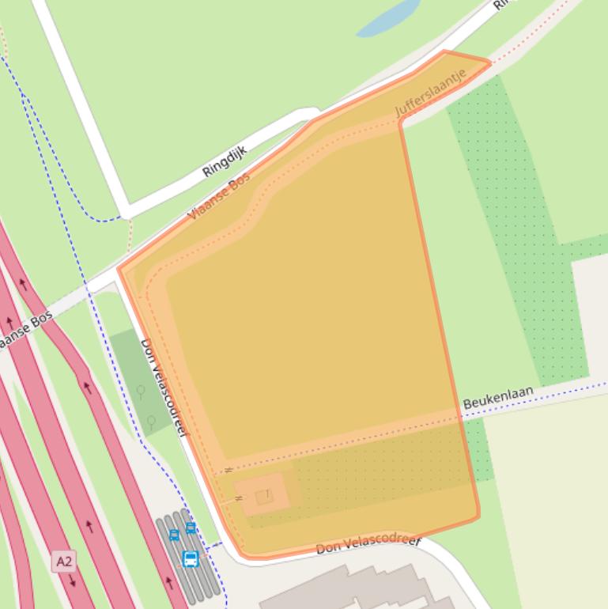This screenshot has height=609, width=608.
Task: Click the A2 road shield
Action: [64, 562]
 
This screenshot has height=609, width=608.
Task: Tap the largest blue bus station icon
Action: [190, 559]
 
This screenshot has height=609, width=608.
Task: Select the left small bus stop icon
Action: [174, 535]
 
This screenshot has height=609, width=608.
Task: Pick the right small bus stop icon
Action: [191, 528]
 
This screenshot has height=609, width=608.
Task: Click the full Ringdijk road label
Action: [225, 161]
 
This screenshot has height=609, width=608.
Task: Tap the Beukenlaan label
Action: [497, 398]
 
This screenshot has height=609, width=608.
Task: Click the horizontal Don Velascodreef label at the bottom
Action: [368, 544]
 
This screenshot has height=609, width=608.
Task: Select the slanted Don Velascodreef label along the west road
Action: [164, 388]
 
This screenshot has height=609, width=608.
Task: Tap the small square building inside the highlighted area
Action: [264, 496]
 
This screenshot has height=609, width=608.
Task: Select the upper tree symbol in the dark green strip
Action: [141, 391]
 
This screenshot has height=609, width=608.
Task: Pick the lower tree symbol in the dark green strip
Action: [150, 423]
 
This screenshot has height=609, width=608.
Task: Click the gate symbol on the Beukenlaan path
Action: [228, 471]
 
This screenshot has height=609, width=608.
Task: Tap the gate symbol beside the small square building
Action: [239, 498]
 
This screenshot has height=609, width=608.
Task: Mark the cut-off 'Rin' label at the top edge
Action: [500, 5]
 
